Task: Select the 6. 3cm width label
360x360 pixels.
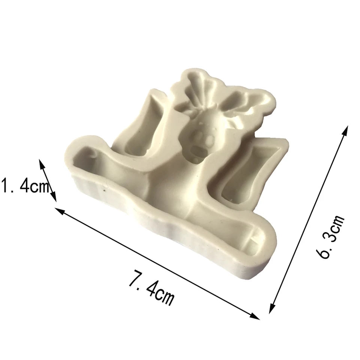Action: point(330,237)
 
